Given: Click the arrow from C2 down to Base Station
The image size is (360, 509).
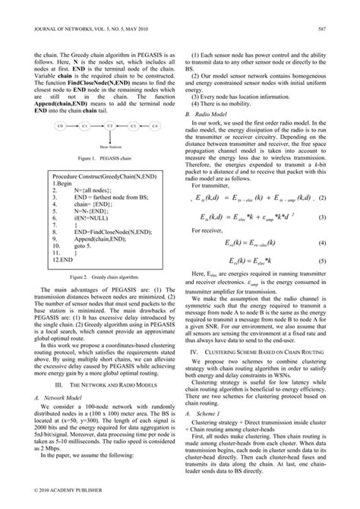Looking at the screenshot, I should pos(109,134).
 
